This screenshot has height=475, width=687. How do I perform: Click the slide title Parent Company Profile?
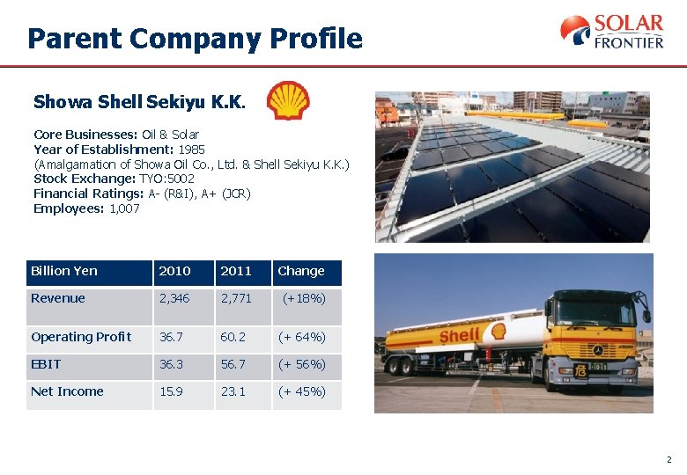[195, 39]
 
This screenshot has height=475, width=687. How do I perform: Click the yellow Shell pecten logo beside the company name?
[288, 100]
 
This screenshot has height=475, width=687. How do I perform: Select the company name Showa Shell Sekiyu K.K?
[140, 102]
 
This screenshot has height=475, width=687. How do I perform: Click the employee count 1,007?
[124, 208]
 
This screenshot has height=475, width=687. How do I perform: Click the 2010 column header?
[174, 271]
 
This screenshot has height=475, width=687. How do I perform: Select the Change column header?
[301, 271]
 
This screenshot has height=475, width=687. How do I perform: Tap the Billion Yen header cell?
[64, 271]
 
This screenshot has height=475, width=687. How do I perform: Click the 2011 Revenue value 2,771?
[236, 298]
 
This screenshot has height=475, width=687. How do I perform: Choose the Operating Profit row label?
[81, 337]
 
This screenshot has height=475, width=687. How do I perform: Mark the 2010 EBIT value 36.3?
[172, 364]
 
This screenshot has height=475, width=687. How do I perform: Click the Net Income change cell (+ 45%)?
[302, 391]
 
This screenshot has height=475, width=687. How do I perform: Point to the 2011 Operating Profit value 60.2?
[233, 337]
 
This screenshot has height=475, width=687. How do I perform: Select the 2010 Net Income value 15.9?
[171, 391]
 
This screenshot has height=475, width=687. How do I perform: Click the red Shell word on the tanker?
[460, 335]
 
